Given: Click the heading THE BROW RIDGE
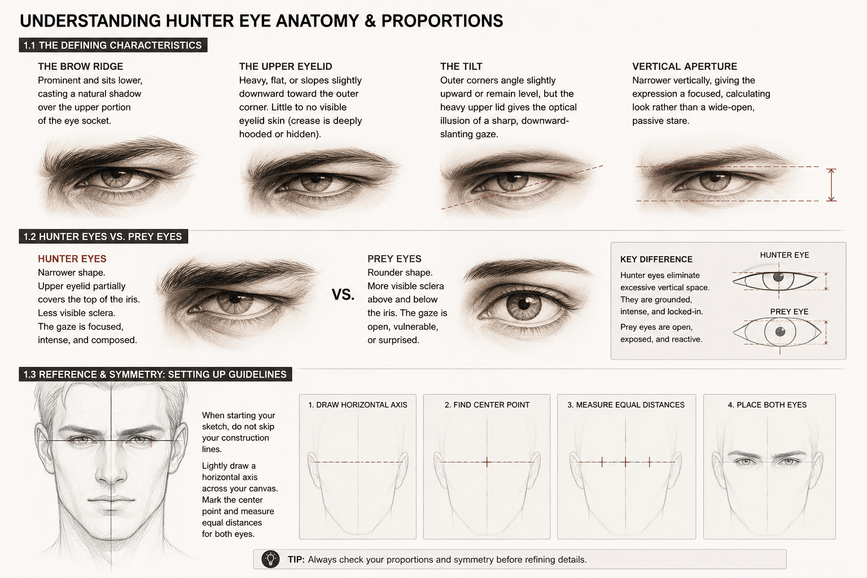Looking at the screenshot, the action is pos(81,67).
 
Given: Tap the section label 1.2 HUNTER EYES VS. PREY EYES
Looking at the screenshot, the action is pos(103,237).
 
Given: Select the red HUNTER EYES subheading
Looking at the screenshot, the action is pos(72,259).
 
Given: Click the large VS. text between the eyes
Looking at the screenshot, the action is pos(343,295).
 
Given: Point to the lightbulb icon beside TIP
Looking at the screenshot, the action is pos(270,559).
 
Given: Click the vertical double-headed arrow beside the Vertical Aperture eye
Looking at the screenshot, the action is pos(831,185).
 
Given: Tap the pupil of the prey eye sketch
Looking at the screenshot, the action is pos(524,303).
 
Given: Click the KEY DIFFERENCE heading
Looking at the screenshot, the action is pos(656,260).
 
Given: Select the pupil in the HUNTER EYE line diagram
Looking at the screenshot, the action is pos(778,277).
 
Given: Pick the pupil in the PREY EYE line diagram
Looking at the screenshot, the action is pos(780,332).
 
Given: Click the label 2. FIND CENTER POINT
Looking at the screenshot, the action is pos(487,405).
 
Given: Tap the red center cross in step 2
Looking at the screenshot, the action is pos(487,462).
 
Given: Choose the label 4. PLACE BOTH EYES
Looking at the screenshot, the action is pos(767,405).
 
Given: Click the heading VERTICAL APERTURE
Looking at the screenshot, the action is pos(684,67).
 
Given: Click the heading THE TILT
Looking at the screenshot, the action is pos(461,67).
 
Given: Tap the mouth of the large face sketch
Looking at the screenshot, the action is pos(111,500).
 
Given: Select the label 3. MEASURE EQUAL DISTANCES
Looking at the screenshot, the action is pos(626,405).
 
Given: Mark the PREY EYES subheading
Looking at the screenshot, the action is pos(394,259).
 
